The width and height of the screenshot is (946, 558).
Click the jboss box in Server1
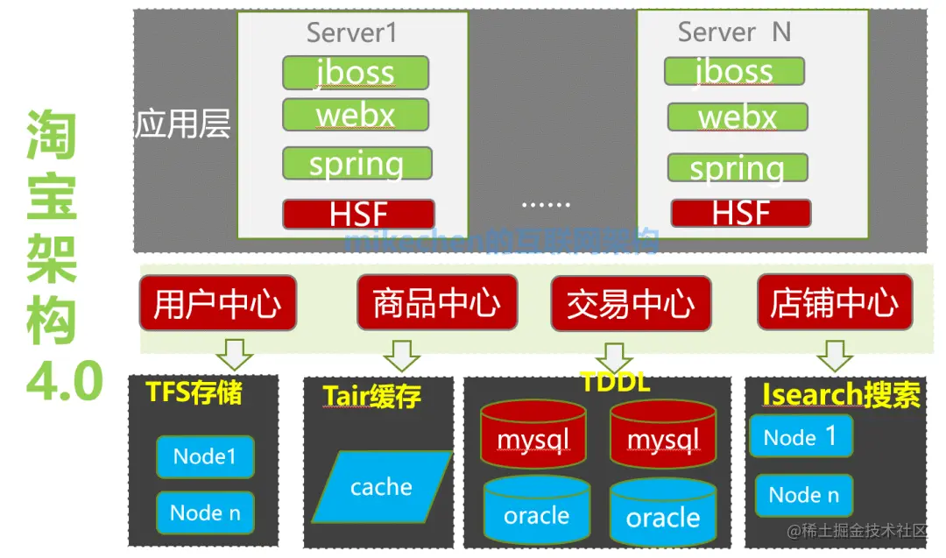click(355, 73)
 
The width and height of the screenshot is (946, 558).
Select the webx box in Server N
click(737, 117)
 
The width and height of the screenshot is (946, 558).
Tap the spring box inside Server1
click(357, 164)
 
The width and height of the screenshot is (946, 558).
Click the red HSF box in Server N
click(740, 213)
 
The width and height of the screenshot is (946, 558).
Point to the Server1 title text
click(351, 33)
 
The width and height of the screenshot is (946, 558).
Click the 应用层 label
click(182, 124)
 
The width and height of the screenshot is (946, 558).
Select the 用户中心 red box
click(217, 303)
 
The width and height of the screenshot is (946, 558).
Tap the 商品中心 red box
click(436, 303)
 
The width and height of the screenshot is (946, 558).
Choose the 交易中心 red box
click(631, 304)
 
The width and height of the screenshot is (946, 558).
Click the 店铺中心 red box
click(834, 302)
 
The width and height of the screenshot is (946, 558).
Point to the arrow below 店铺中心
click(834, 354)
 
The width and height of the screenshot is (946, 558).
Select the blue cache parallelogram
click(382, 486)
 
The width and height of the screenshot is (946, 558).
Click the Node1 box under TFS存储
click(205, 456)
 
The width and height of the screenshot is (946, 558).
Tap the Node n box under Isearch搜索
click(803, 495)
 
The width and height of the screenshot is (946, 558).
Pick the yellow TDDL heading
click(615, 382)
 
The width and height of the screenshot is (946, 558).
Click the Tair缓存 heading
click(371, 396)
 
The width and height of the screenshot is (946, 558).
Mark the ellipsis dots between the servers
click(545, 204)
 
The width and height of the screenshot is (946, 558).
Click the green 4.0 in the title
click(64, 382)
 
